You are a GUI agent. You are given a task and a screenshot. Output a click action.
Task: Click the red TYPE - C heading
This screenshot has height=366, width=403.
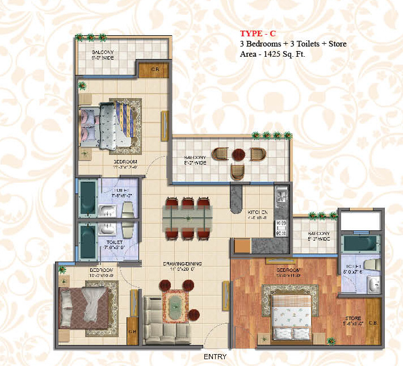tap(258, 33)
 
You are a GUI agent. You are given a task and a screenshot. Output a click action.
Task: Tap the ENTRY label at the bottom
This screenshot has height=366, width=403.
tap(215, 357)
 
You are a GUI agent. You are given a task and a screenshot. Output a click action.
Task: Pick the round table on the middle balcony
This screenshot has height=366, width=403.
tap(239, 155)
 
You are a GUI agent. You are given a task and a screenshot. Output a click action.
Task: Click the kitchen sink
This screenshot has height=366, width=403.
tap(280, 197)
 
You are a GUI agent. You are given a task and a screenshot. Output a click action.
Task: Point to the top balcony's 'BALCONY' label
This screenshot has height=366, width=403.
tap(104, 54)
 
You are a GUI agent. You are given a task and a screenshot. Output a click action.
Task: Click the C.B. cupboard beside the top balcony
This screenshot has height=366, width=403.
tap(154, 70)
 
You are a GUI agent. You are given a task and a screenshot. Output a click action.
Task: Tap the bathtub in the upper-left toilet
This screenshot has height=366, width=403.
tap(88, 199)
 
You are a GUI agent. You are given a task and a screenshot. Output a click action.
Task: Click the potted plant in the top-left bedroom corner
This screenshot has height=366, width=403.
tap(83, 86)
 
